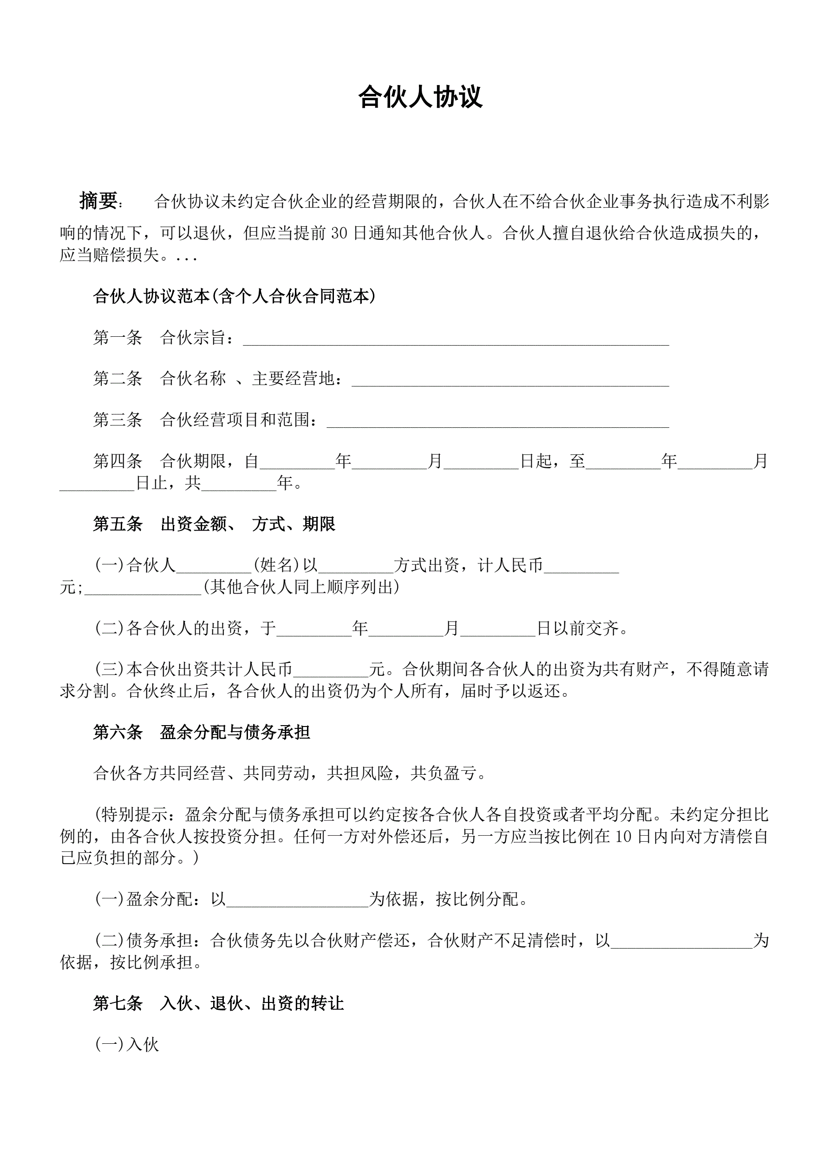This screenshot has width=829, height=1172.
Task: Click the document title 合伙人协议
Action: [x=420, y=97]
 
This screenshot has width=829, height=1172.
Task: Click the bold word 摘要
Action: [x=98, y=201]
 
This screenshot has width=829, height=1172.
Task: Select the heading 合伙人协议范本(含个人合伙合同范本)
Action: [x=234, y=296]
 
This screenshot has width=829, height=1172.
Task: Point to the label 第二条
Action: [x=117, y=379]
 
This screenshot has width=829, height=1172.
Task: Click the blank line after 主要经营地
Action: [x=510, y=380]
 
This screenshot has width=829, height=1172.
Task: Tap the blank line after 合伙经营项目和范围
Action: [x=497, y=422]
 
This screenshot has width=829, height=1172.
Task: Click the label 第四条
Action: [x=117, y=461]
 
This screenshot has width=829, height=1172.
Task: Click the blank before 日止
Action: [x=97, y=485]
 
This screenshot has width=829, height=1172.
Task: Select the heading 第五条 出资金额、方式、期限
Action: [x=214, y=524]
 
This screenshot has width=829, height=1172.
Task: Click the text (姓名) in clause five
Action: [x=276, y=566]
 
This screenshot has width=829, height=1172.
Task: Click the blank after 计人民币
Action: [x=581, y=567]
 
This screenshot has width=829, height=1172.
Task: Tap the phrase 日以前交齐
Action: [x=581, y=629]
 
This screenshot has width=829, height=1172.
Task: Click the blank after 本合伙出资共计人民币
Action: [x=331, y=670]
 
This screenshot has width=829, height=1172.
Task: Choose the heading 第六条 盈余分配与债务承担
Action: [x=202, y=733]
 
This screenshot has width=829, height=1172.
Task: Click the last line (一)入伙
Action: [x=127, y=1045]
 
